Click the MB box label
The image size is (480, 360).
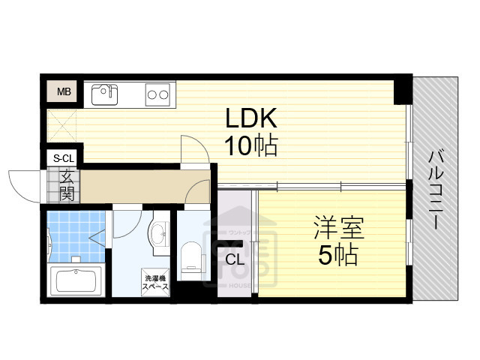point(64,92)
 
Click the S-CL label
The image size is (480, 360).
point(64,158)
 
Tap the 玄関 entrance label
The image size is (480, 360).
point(67,186)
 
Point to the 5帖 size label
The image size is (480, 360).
point(336,255)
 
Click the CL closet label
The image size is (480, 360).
point(234,259)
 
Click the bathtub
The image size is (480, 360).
point(77,282)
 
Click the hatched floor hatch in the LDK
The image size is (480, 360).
point(63,124)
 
